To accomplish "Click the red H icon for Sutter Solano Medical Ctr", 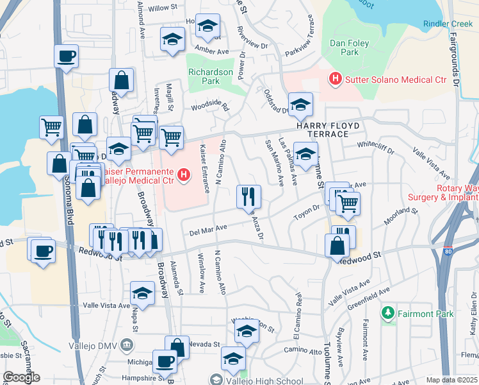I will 334,80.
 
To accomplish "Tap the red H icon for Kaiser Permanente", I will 184,175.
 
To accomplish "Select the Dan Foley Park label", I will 344,47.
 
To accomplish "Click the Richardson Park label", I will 211,77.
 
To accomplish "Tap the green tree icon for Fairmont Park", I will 387,314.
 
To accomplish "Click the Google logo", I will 21,377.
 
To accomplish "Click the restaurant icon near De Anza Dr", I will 248,197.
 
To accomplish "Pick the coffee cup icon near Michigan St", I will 165,361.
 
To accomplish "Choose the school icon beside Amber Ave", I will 172,40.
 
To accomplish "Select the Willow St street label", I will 162,8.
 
